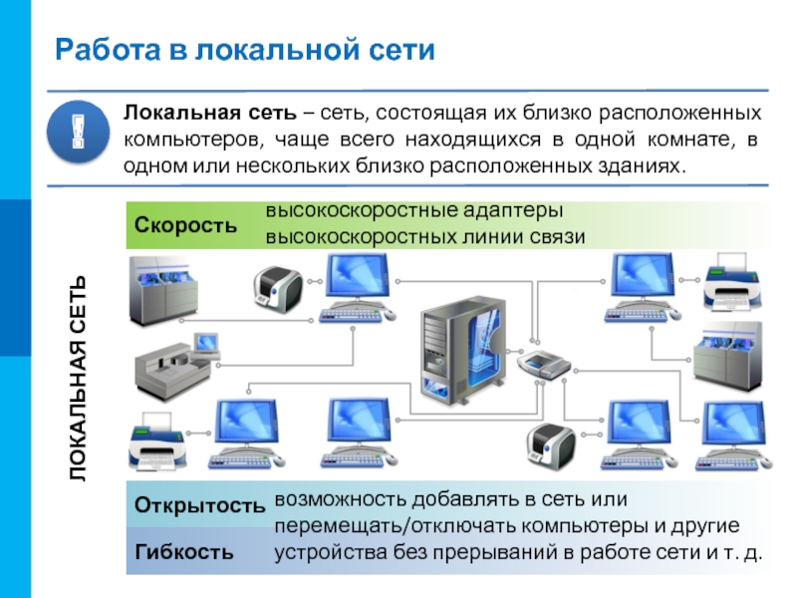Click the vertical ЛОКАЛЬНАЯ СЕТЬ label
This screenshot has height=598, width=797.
(79, 379)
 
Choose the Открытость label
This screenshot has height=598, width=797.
(199, 505)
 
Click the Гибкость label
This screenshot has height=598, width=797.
(185, 550)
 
